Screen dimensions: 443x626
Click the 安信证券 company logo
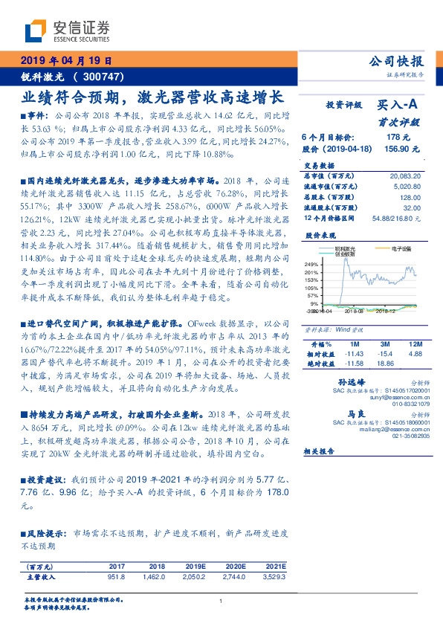[68, 31]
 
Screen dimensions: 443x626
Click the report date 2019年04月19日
[65, 60]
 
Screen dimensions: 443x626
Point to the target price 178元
[403, 138]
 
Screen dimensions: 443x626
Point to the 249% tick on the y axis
[312, 264]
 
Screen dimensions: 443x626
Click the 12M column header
[415, 345]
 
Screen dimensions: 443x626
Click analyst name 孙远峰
[349, 381]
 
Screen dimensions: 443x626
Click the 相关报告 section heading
[320, 452]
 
